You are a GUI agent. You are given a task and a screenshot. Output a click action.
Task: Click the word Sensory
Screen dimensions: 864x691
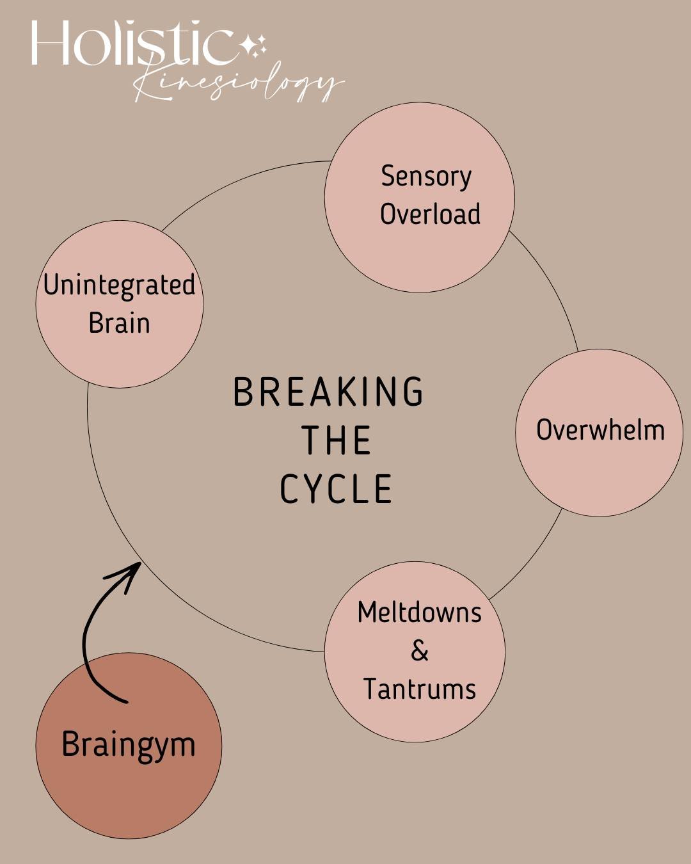426,177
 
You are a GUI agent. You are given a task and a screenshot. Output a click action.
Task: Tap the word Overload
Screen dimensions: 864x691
430,214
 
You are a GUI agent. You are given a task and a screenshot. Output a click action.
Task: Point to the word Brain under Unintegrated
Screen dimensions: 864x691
119,323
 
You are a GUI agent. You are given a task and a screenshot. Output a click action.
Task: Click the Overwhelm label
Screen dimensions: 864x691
600,430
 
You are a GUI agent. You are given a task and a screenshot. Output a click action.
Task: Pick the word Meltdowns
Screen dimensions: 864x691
419,612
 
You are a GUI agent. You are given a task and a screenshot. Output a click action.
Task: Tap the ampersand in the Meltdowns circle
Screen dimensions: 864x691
419,651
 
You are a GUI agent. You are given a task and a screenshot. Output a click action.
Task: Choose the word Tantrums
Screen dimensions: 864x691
419,689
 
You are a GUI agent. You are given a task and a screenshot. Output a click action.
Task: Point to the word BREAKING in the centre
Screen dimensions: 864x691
328,392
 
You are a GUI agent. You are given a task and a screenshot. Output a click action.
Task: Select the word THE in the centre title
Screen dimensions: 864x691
337,441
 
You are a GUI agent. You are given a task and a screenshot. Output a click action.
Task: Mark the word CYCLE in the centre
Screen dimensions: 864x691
337,490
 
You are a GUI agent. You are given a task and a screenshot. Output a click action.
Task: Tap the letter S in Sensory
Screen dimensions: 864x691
387,177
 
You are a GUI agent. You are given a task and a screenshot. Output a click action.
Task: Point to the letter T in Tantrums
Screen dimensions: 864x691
370,689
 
